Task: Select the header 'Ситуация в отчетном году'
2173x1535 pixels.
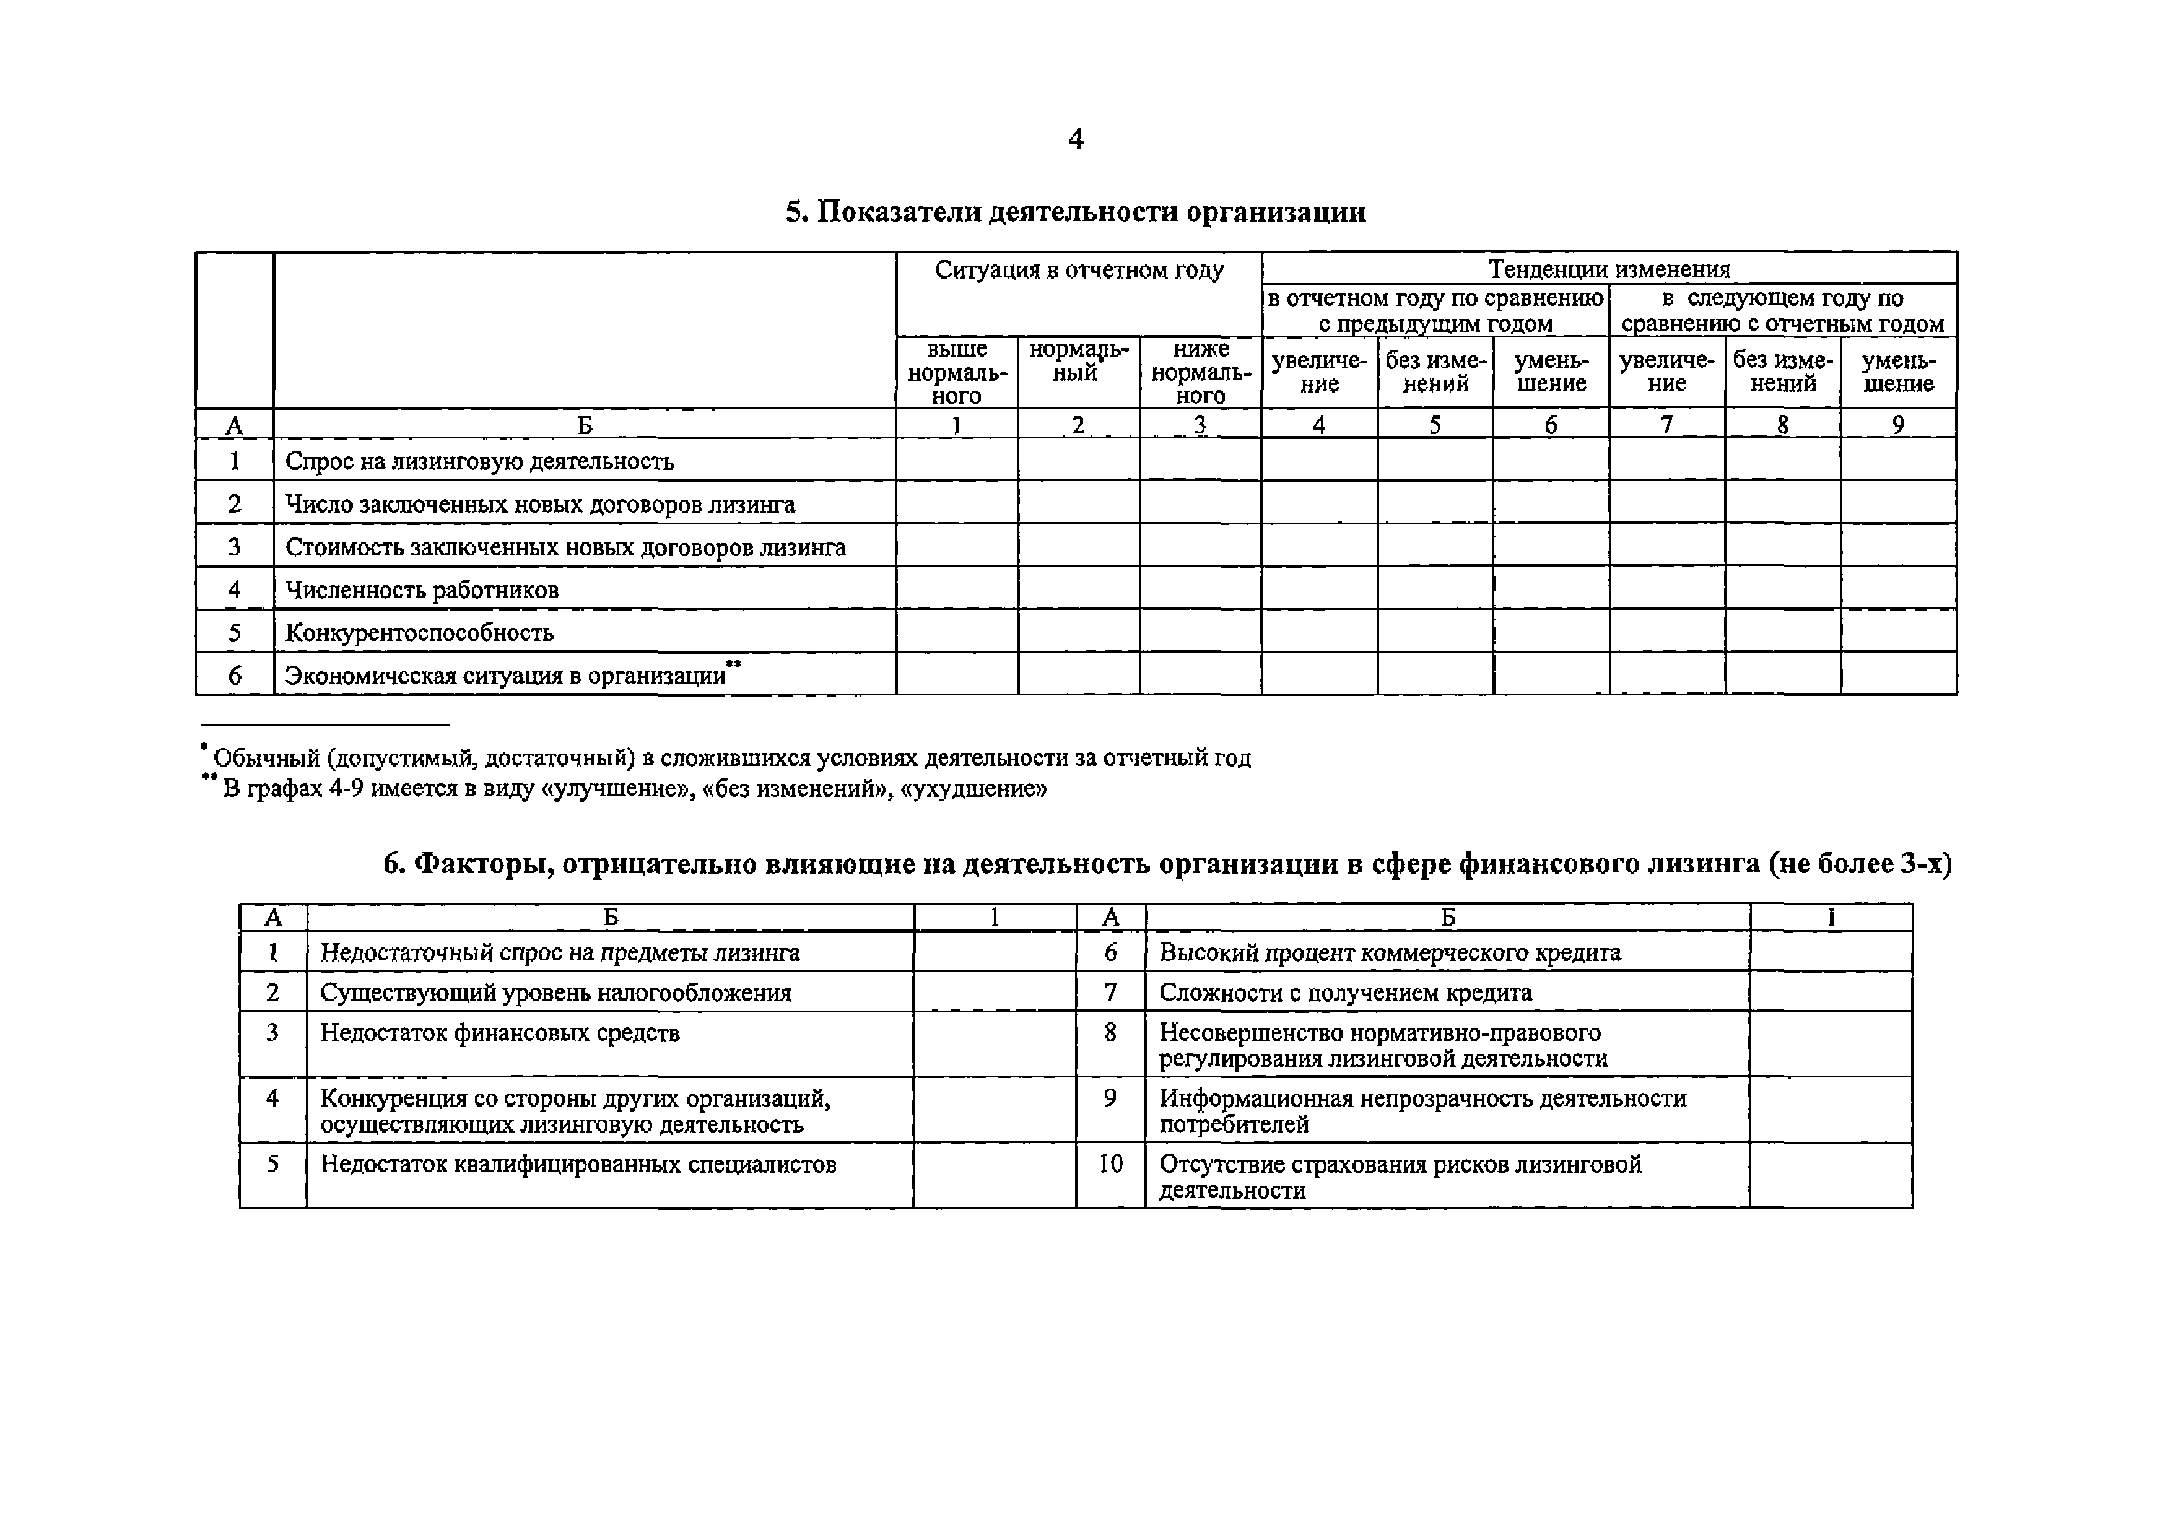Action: coord(1078,271)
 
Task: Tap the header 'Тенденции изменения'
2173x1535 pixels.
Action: coord(1608,269)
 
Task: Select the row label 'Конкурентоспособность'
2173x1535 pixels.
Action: coord(419,633)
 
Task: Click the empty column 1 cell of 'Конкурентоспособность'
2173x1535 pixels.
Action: coord(956,631)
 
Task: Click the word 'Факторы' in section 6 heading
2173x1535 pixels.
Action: coord(484,864)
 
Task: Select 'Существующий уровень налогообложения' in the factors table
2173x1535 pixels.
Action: coord(555,993)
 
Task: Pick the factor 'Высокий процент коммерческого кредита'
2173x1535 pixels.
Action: coord(1390,953)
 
